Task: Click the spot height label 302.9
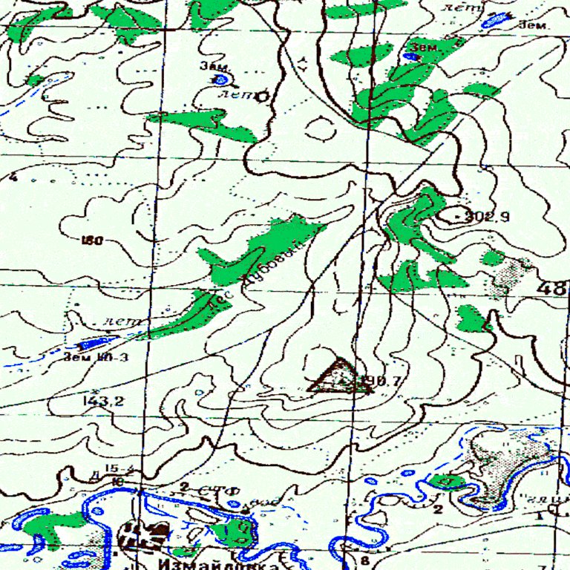click(x=488, y=217)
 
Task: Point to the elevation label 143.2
click(x=104, y=402)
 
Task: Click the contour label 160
click(x=93, y=240)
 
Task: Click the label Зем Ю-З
click(x=96, y=357)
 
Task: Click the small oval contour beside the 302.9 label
click(x=450, y=216)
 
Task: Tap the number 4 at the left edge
click(x=13, y=177)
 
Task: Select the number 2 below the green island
click(x=438, y=510)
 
